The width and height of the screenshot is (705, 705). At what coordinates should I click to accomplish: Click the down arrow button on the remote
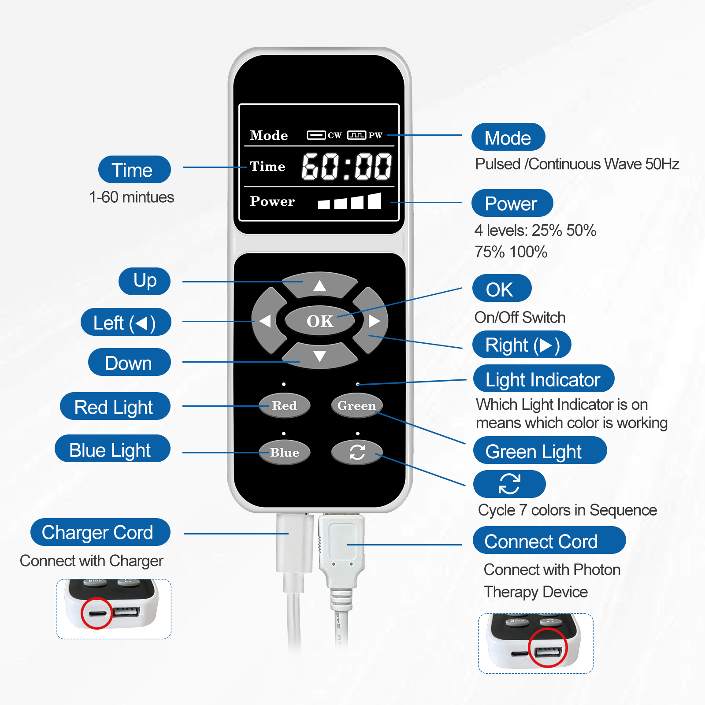point(319,356)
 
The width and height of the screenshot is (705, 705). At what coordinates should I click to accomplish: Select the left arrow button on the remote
point(266,321)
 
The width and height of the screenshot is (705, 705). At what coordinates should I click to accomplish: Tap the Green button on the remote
point(357,405)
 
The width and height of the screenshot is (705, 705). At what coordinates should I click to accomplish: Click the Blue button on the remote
point(284,452)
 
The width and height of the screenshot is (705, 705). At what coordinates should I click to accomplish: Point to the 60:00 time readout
point(347,167)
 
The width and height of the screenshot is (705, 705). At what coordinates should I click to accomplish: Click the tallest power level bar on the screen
point(375,200)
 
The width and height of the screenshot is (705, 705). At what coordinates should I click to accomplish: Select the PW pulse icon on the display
point(356,135)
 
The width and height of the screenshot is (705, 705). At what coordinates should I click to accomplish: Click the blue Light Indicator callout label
point(544,378)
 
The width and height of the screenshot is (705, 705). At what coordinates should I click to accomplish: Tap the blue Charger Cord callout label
point(100,532)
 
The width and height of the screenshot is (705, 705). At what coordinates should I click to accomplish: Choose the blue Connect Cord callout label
point(549,540)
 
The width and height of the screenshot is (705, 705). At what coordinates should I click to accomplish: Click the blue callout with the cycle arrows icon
point(509,484)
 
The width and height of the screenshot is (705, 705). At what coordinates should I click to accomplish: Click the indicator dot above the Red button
point(284,384)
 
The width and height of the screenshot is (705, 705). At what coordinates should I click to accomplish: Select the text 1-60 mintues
point(132,197)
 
